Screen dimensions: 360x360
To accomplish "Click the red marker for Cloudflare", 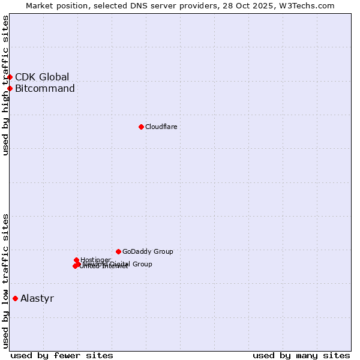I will [141, 127].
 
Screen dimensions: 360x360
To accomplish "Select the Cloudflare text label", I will [161, 127].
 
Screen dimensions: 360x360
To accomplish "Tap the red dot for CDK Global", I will [10, 77].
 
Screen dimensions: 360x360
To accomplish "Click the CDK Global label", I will [42, 77].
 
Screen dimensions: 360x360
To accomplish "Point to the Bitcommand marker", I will [10, 89].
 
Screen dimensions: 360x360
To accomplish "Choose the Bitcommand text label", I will [45, 89].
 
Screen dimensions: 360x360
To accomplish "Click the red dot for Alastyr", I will [15, 298].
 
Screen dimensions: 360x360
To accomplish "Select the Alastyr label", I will [37, 298].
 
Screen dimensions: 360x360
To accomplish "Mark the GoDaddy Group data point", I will [118, 251].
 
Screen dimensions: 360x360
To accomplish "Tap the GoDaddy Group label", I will [148, 251].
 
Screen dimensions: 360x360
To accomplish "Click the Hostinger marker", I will [76, 260].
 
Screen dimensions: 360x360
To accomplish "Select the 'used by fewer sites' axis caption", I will [62, 355].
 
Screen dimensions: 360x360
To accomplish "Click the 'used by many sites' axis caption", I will [301, 355].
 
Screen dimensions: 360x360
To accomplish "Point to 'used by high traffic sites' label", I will [5, 85].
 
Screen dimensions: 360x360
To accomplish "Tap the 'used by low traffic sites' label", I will [5, 281].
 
